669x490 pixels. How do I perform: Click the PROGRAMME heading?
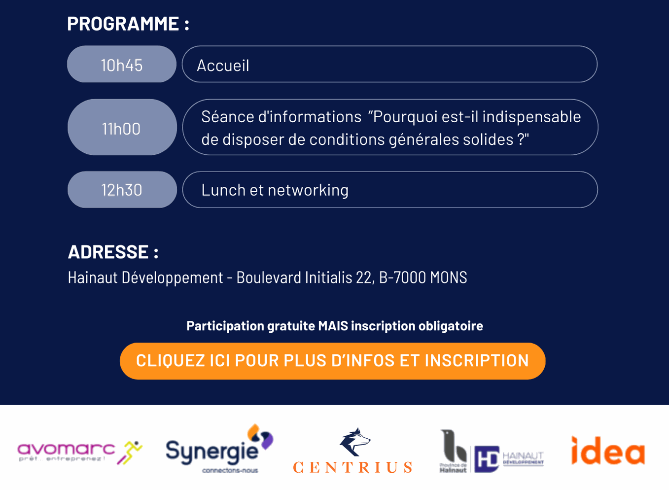(128, 24)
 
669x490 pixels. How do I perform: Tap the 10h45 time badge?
(122, 64)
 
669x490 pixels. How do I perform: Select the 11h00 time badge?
(122, 127)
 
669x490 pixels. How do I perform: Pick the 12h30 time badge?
(122, 190)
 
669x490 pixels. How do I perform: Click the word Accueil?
(223, 66)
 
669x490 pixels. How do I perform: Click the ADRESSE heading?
(113, 252)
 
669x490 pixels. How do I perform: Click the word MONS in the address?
(449, 278)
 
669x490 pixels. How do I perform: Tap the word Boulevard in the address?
(269, 278)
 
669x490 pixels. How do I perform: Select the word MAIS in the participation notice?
(333, 326)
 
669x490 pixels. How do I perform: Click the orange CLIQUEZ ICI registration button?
(333, 361)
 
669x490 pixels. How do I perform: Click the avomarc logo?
(80, 453)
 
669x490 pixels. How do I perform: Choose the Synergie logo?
(219, 449)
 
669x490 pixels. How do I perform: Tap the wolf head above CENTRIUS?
(355, 442)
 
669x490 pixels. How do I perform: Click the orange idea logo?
(608, 451)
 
